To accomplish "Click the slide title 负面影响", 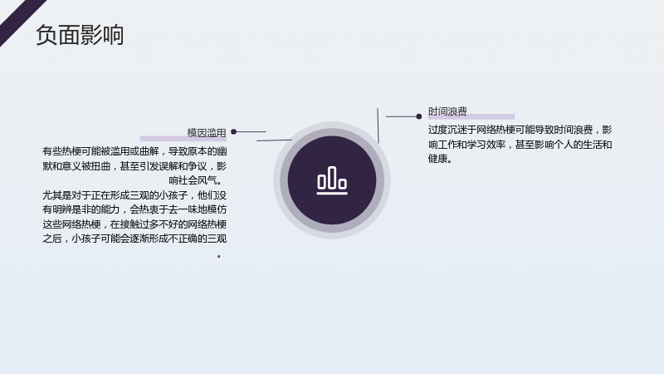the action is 80,35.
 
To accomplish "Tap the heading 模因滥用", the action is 207,133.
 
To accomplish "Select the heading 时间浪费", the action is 447,111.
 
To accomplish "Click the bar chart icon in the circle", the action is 332,180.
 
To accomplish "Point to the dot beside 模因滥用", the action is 233,132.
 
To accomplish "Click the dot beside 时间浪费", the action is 419,116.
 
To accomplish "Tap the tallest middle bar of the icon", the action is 332,177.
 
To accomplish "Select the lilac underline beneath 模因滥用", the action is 183,139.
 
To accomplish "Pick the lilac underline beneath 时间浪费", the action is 471,116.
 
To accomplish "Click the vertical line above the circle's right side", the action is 378,125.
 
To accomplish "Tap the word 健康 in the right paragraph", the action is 437,159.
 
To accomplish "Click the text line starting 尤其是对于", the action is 134,195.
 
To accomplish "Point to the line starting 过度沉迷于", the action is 520,130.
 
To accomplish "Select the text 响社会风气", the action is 193,180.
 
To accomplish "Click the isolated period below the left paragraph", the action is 219,256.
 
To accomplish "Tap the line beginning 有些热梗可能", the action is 134,151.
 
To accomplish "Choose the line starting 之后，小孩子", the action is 134,239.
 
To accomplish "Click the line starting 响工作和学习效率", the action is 520,145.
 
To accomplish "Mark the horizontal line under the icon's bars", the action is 332,194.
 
